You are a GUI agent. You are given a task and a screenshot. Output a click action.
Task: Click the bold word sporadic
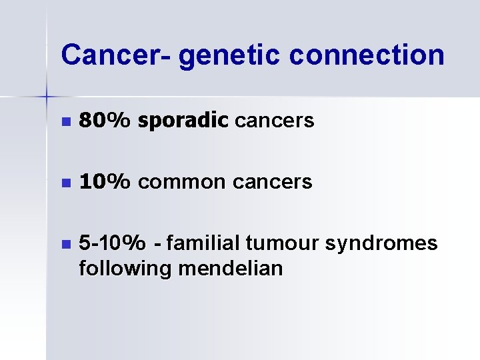pyautogui.click(x=183, y=121)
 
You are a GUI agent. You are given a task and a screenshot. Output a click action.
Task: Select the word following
pyautogui.click(x=123, y=269)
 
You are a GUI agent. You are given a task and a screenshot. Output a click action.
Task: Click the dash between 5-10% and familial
pyautogui.click(x=157, y=244)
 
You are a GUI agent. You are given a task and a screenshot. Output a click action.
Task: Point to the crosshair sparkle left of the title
pyautogui.click(x=47, y=97)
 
